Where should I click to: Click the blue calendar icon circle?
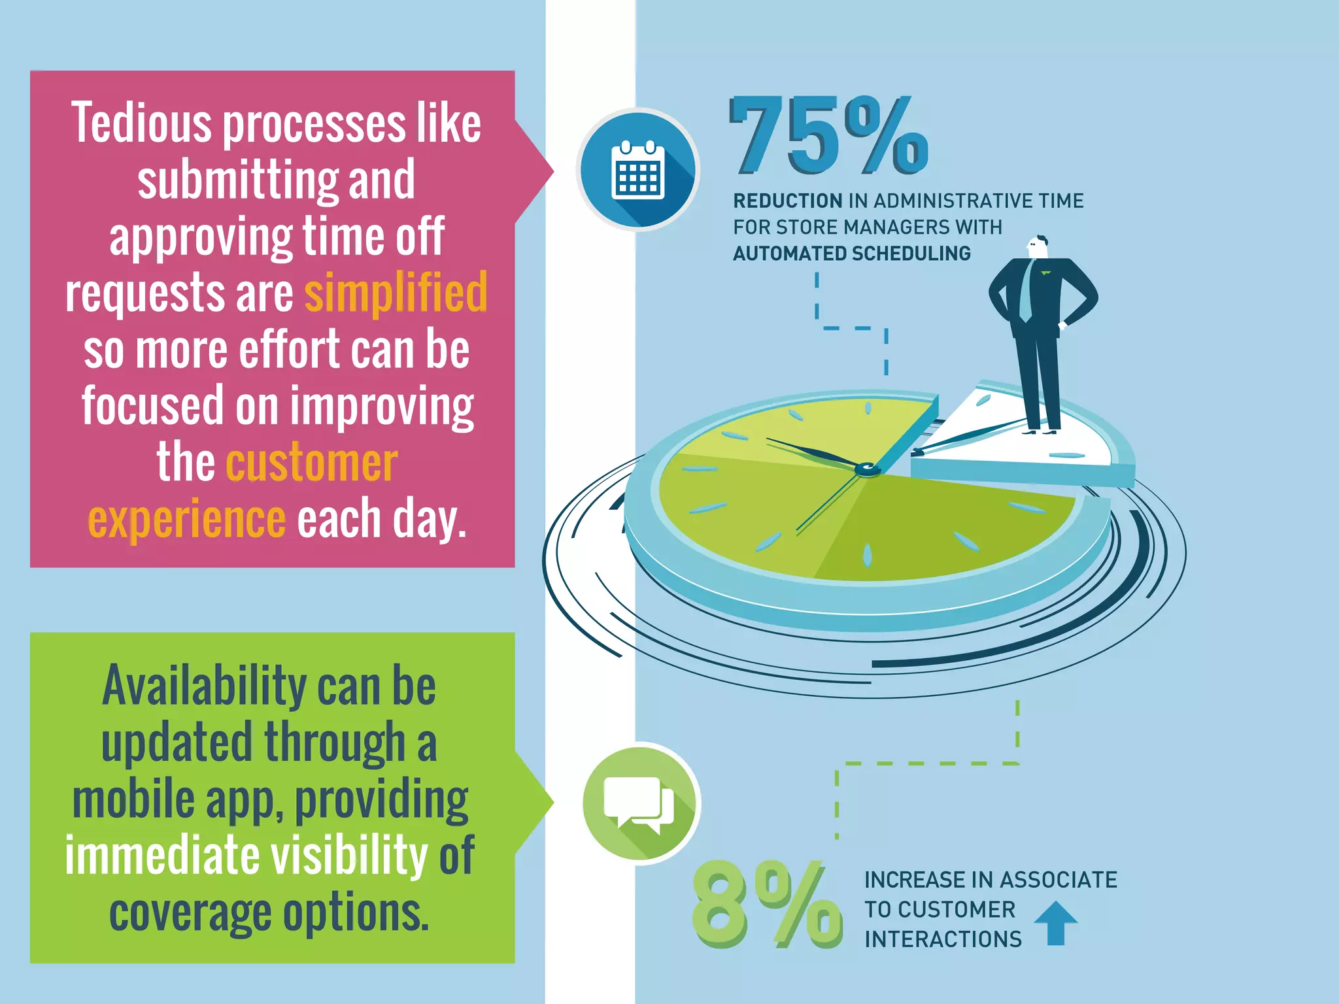pos(638,170)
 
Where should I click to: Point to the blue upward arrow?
pos(1055,922)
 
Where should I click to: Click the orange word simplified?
pos(396,293)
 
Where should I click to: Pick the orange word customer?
pos(312,463)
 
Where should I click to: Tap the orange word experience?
pos(187,520)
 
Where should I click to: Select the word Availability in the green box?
pos(204,686)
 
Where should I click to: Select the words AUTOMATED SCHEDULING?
pos(851,253)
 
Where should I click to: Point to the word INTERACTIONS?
pos(943,939)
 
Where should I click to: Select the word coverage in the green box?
pos(190,913)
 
